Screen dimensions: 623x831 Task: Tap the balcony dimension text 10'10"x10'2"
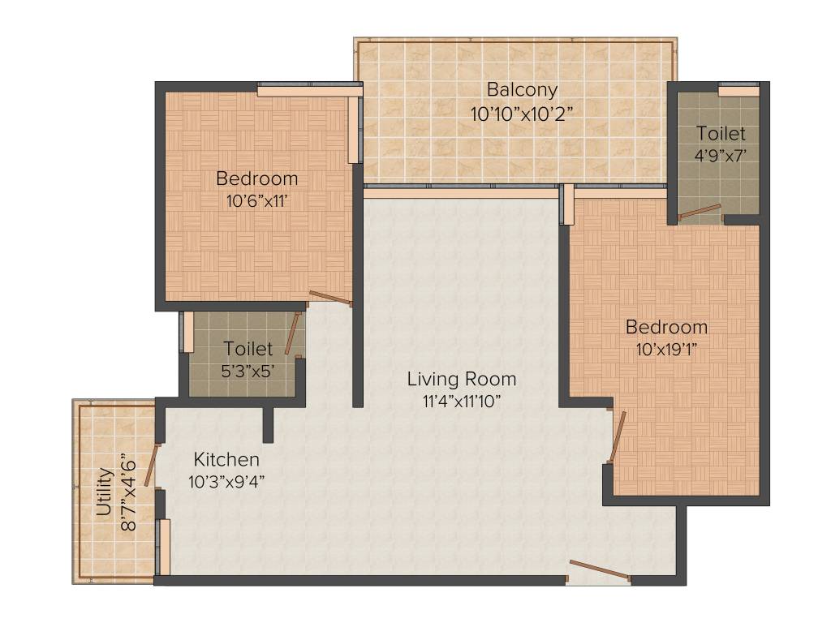522,114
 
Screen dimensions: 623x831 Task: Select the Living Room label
461,379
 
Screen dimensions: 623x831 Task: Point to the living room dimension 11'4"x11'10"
461,402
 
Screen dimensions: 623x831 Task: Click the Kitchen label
226,460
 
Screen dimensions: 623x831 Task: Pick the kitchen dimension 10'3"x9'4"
226,481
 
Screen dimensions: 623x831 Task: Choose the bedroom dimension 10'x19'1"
666,350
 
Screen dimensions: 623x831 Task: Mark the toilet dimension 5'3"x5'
248,372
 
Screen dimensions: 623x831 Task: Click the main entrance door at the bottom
599,570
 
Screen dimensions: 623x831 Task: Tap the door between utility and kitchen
151,465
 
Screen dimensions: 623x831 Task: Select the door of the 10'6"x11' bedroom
329,298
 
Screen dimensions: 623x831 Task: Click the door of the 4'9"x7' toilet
700,213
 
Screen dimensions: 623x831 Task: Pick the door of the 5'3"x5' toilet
293,333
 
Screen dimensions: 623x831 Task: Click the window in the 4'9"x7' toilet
738,92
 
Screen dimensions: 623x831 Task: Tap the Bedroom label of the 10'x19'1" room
666,328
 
